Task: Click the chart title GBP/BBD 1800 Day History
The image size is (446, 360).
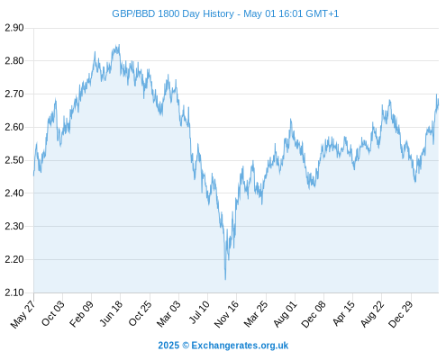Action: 173,13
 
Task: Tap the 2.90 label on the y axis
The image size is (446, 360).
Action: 14,28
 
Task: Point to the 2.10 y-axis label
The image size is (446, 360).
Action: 14,292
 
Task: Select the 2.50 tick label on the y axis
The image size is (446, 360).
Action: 14,160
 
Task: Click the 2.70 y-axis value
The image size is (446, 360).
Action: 14,94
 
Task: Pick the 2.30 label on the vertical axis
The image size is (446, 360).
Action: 14,226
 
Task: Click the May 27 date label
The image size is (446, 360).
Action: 23,314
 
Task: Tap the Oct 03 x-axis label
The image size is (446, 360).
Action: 53,313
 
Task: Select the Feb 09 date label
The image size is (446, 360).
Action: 81,314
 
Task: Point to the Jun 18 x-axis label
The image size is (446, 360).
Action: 111,313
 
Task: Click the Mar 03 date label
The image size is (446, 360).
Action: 168,314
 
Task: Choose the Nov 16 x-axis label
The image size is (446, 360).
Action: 226,314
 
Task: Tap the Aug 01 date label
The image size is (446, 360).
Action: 286,314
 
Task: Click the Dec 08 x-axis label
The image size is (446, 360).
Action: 314,314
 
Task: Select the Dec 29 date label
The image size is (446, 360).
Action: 401,314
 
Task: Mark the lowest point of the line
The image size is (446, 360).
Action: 225,280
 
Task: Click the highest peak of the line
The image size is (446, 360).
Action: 119,45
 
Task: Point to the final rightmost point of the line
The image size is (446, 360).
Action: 438,103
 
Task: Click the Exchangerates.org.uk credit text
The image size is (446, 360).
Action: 240,346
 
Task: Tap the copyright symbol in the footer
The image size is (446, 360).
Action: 186,346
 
